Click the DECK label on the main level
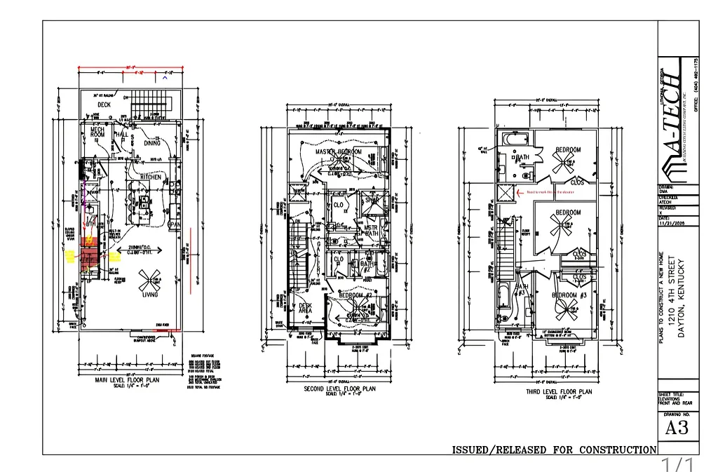104,104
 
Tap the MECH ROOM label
97,131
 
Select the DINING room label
152,142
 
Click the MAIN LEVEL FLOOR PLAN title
128,381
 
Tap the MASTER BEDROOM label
339,151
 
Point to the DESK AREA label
305,309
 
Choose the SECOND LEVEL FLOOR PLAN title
340,389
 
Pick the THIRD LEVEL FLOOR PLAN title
559,392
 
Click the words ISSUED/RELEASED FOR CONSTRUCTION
554,450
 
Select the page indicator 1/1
677,464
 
